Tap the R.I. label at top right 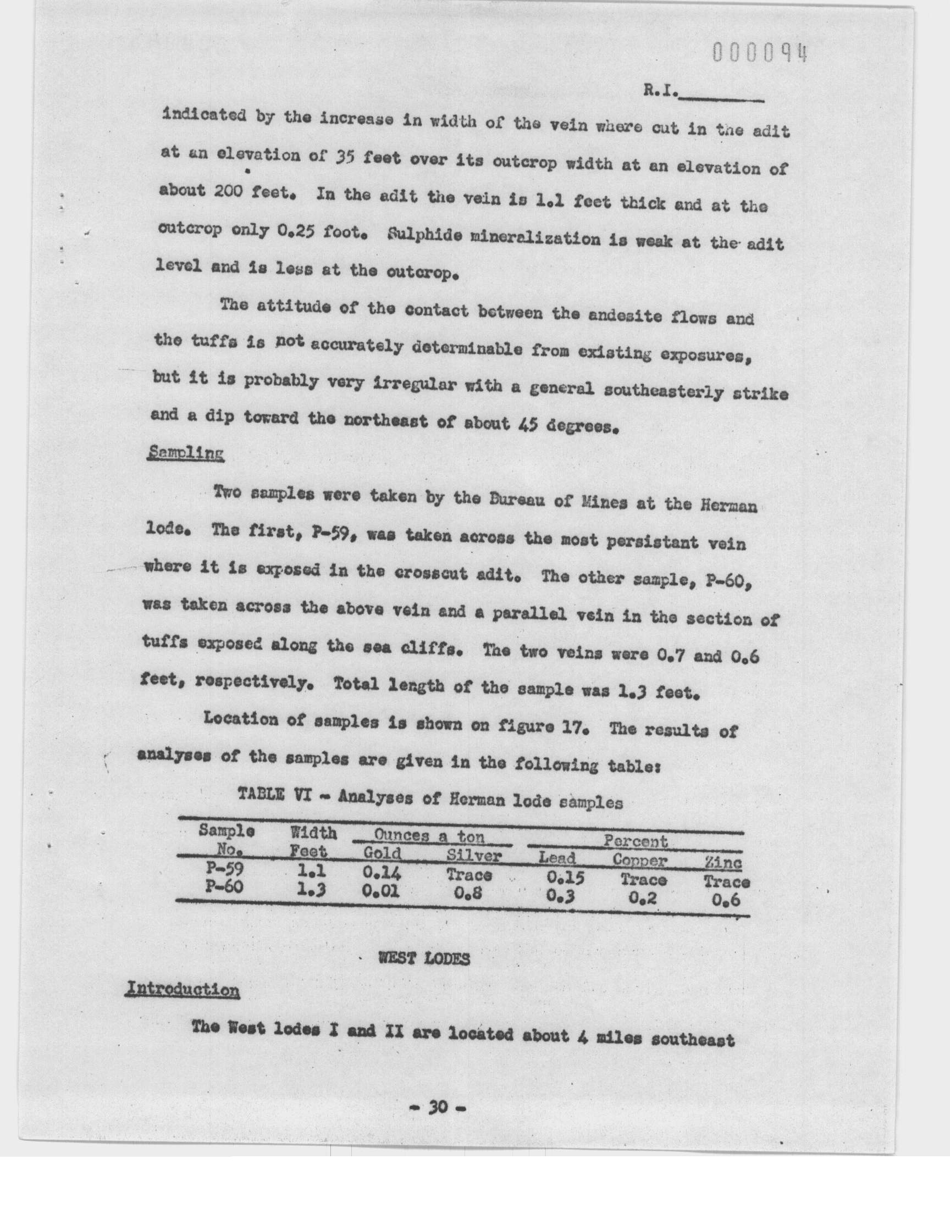pos(661,91)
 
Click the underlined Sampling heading pos(185,453)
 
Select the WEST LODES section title pos(424,958)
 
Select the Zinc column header pos(722,863)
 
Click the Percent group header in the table pos(635,841)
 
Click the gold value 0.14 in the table pos(382,873)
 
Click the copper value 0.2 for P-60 pos(643,897)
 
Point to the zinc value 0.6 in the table pos(726,900)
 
